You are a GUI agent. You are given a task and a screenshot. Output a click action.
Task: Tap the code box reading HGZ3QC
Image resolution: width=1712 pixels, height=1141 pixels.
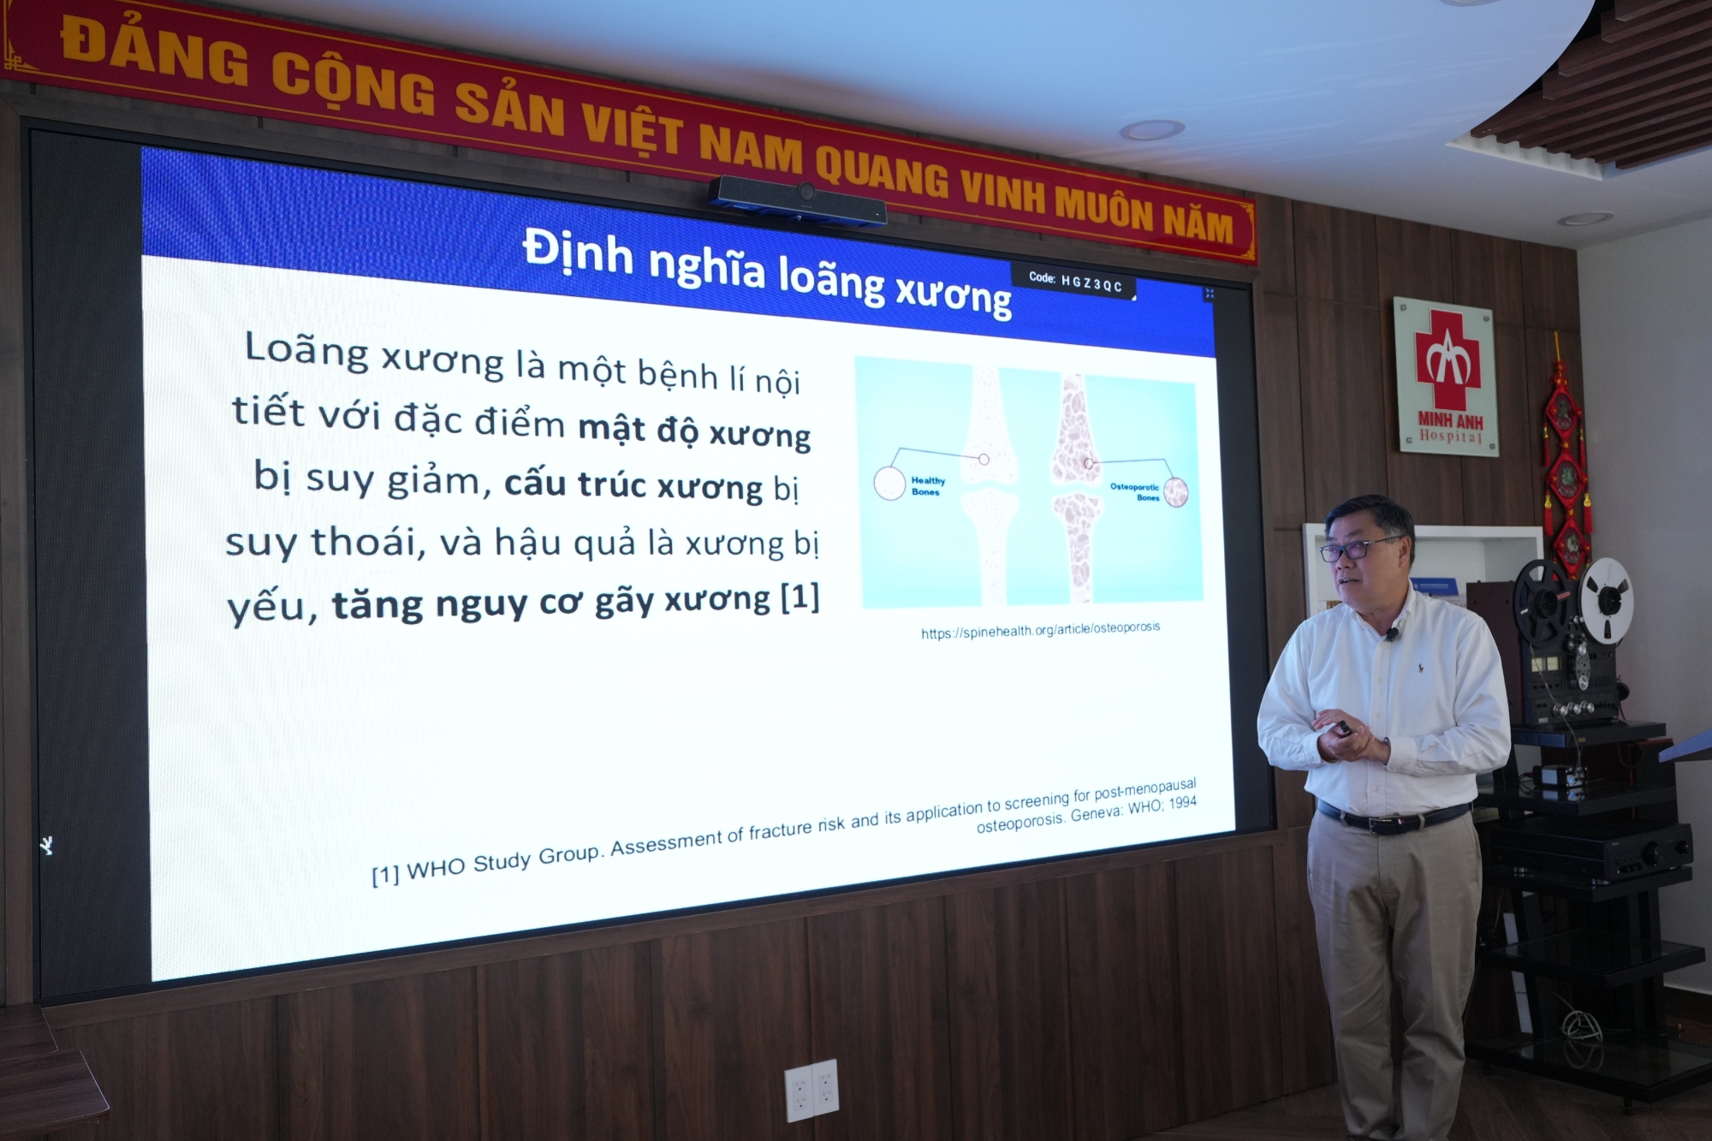pyautogui.click(x=1075, y=282)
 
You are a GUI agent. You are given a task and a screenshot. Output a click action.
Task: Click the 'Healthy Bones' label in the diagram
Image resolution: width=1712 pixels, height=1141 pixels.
pyautogui.click(x=927, y=486)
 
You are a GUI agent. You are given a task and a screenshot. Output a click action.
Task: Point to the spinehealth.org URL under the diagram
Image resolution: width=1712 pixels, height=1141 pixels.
pyautogui.click(x=1040, y=630)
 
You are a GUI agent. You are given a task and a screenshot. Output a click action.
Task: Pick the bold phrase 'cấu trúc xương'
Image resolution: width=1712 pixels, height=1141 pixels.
pyautogui.click(x=633, y=484)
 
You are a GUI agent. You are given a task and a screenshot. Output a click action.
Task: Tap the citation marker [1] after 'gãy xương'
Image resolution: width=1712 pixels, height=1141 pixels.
pyautogui.click(x=800, y=597)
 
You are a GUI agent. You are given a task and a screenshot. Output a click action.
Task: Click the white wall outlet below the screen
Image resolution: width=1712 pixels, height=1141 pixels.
pyautogui.click(x=811, y=1090)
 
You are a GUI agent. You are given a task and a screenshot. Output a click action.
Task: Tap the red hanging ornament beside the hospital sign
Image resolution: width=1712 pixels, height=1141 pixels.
pyautogui.click(x=1565, y=462)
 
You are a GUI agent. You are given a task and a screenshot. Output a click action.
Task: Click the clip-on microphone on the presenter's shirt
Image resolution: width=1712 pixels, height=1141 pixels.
pyautogui.click(x=1393, y=634)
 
